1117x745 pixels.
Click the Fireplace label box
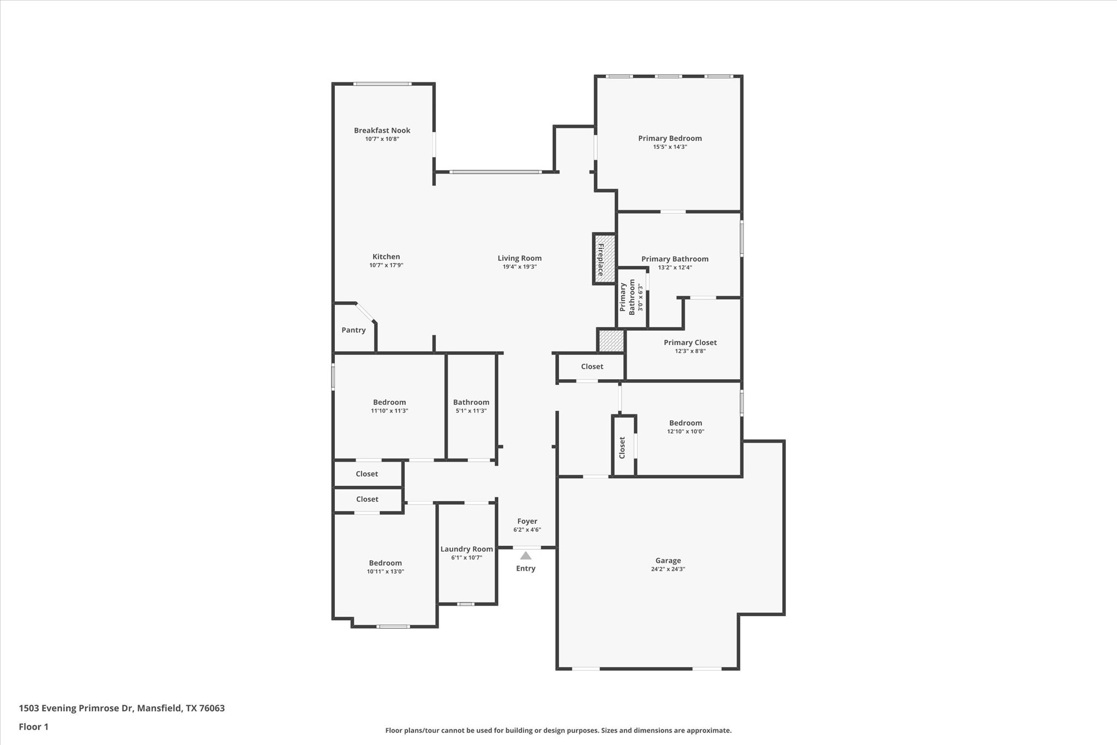click(x=604, y=259)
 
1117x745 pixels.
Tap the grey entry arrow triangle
click(x=526, y=556)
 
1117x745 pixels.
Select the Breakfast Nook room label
click(x=382, y=130)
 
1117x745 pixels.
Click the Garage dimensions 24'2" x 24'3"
click(x=668, y=569)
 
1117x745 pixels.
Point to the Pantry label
click(x=353, y=330)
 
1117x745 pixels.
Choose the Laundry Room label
click(x=466, y=549)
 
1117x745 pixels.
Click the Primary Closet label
click(x=690, y=343)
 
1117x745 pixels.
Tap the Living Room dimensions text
click(x=519, y=267)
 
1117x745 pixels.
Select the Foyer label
click(x=527, y=521)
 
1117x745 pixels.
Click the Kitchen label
click(x=386, y=257)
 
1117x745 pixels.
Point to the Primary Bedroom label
click(x=670, y=139)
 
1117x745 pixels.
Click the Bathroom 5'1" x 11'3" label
click(x=471, y=402)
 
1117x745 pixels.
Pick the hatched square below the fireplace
click(x=611, y=341)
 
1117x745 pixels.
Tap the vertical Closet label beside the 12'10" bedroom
click(x=622, y=447)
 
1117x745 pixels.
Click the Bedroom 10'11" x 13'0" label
click(x=385, y=563)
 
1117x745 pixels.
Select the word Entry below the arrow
click(x=526, y=569)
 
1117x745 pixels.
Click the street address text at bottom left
click(x=122, y=708)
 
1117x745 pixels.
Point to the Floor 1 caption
click(x=34, y=727)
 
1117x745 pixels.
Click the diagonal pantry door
click(x=365, y=312)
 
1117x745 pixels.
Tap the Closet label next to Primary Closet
click(x=592, y=367)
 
